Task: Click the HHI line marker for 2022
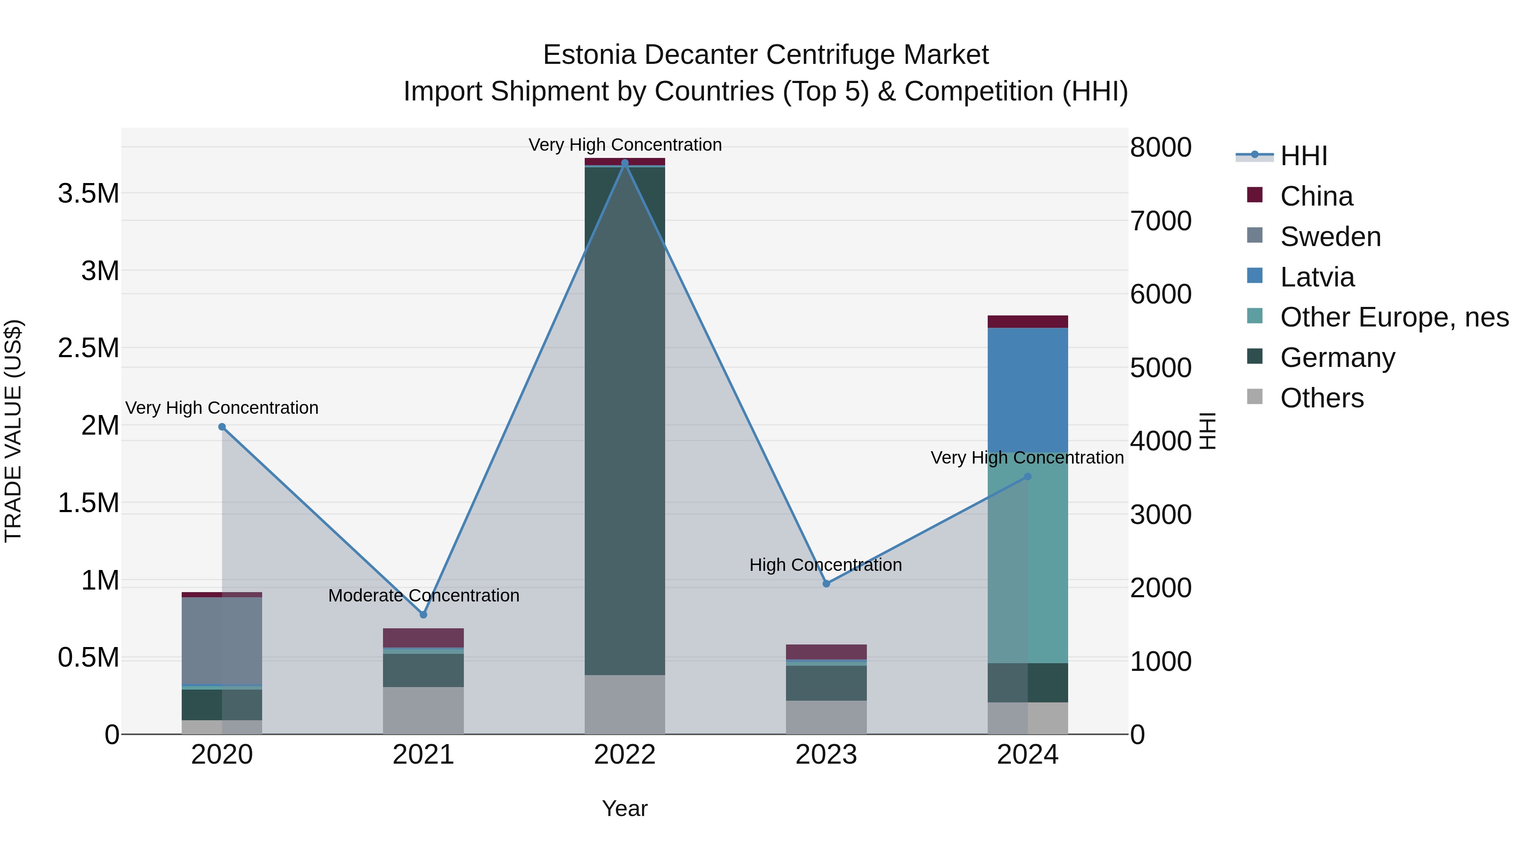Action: pos(624,163)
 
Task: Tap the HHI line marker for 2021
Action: pos(423,615)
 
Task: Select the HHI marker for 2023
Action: pos(826,584)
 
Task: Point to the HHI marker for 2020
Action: pos(222,427)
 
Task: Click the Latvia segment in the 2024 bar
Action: pos(1027,389)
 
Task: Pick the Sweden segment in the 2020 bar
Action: pos(222,641)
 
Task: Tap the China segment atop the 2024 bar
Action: pos(1027,321)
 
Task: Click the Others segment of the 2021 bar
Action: pos(423,710)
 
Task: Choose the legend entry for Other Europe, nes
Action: pos(1394,317)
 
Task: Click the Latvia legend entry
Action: pos(1317,277)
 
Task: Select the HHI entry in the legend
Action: pos(1303,156)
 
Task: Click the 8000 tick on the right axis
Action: pos(1160,148)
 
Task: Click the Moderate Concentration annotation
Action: pos(423,596)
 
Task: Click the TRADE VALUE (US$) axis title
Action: pos(14,431)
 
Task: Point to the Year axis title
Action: pos(624,808)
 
